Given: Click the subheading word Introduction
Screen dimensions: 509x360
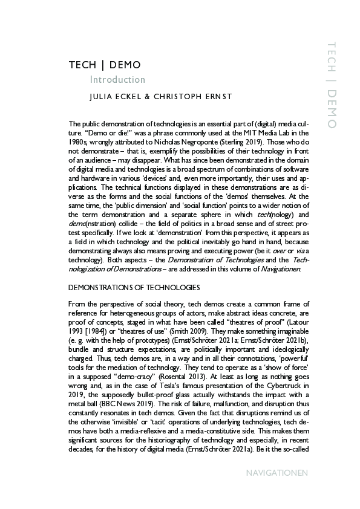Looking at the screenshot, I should click(117, 80).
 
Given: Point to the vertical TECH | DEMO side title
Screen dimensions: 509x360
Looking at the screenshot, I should click(331, 85).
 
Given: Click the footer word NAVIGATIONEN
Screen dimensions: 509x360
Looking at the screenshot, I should click(278, 472).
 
